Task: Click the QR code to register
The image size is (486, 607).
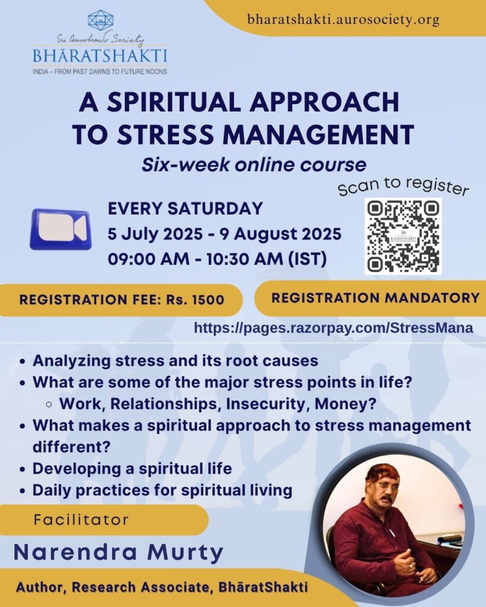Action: click(x=403, y=236)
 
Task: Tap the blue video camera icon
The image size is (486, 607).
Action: click(x=61, y=229)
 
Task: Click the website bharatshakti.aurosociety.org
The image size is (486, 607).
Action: click(x=344, y=20)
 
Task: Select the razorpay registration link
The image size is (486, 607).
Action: click(x=333, y=328)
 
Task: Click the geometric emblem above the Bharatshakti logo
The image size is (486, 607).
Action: click(x=100, y=20)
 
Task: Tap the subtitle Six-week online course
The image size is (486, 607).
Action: click(x=254, y=165)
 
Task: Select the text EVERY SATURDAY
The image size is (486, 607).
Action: click(x=185, y=209)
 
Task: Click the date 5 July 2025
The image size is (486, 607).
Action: click(x=155, y=234)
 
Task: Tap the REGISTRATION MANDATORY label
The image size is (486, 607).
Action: click(x=376, y=298)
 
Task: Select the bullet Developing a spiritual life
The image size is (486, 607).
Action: click(x=132, y=468)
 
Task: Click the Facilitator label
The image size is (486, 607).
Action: click(x=81, y=519)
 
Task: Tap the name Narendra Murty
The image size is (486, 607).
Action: click(x=119, y=552)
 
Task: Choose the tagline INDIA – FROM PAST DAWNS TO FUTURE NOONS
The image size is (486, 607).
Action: click(x=100, y=72)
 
